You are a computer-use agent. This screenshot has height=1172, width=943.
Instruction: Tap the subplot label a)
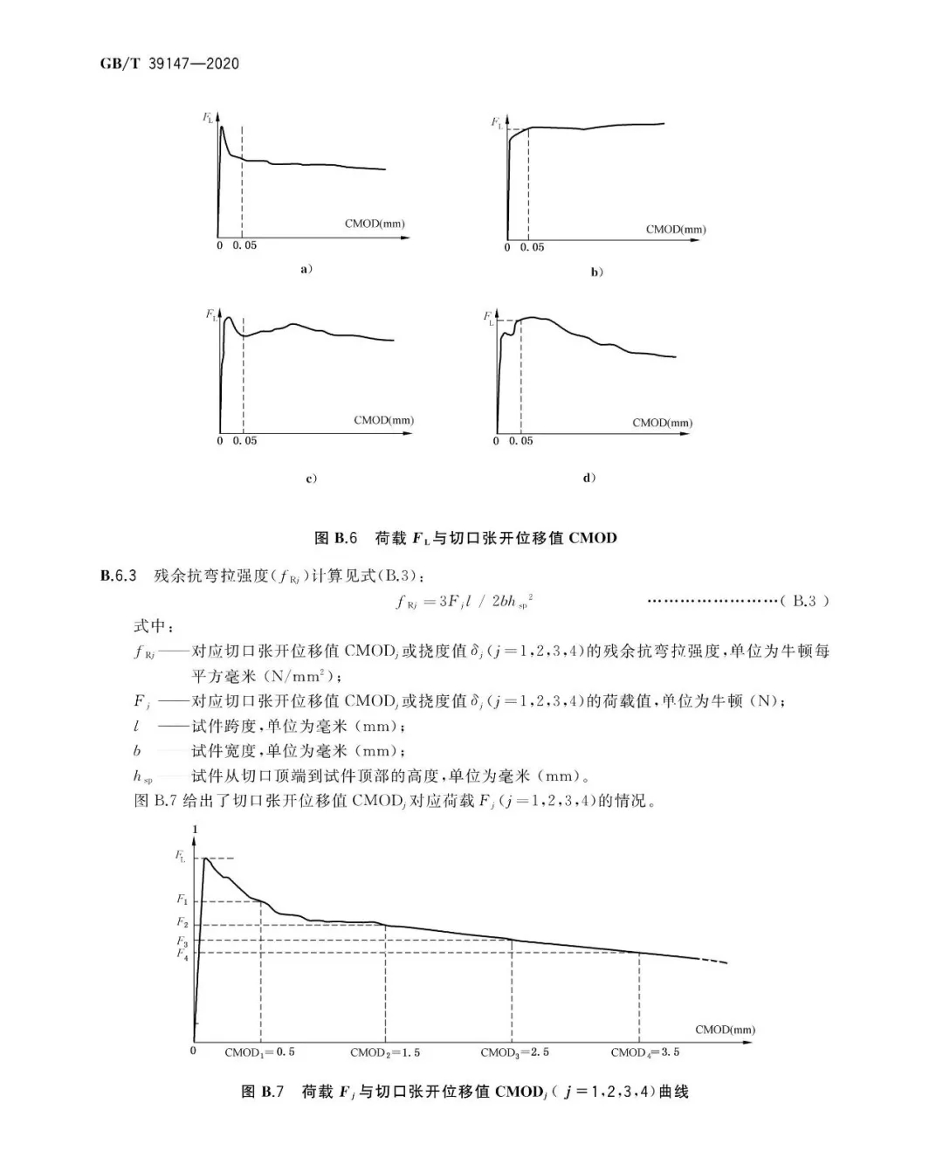(x=306, y=269)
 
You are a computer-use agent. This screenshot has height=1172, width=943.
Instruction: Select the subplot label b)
(x=596, y=272)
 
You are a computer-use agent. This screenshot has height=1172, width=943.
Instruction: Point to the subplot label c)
(x=311, y=479)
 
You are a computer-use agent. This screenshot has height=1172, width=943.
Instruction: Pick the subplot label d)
(x=589, y=478)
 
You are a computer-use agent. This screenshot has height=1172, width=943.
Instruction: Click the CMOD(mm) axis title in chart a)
(x=375, y=224)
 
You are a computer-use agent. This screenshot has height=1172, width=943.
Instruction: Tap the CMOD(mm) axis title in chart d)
(x=662, y=423)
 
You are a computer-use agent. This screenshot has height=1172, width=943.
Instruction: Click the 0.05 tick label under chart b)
(x=532, y=247)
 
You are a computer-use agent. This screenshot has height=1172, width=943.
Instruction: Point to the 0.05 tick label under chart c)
(x=244, y=441)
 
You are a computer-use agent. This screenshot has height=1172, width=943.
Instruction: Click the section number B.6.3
(x=119, y=576)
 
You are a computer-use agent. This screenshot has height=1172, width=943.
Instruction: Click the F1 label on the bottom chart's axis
(x=182, y=899)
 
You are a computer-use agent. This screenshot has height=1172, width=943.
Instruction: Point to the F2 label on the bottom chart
(x=182, y=922)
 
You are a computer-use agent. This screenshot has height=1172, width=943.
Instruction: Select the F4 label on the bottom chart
(x=182, y=954)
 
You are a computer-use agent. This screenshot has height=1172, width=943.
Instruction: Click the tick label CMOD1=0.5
(x=259, y=1052)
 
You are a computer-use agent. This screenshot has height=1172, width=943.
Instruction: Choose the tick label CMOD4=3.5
(x=644, y=1052)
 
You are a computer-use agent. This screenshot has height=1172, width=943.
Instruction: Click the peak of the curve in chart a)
(x=223, y=128)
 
